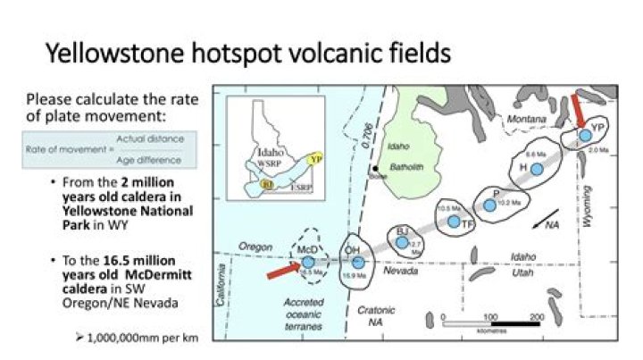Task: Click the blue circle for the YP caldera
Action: coord(584,135)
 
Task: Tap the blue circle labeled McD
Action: coord(308,262)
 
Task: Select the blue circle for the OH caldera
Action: coord(358,262)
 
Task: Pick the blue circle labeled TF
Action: coord(455,221)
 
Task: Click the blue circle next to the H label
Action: coord(537,169)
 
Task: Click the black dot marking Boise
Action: coord(378,167)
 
